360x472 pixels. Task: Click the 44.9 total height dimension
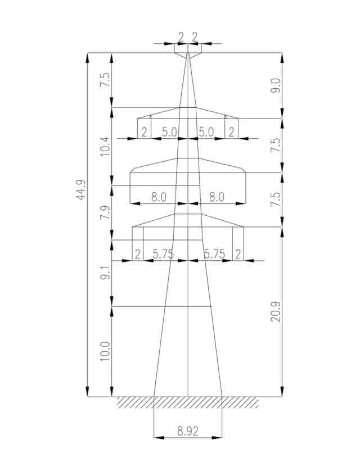[x=81, y=190]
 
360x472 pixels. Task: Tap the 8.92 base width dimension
[x=188, y=432]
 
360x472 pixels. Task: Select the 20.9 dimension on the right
[x=276, y=312]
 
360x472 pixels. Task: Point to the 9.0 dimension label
[x=276, y=85]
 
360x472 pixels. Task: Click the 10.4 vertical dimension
[x=105, y=146]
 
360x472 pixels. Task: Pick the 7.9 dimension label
[x=105, y=212]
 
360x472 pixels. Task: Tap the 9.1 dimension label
[x=105, y=272]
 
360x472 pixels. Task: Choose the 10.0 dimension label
[x=105, y=352]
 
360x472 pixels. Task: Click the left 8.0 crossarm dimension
[x=159, y=197]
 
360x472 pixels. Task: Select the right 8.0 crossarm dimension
[x=217, y=197]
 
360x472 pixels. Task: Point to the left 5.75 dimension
[x=163, y=255]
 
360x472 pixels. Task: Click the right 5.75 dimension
[x=214, y=255]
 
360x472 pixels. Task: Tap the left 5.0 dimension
[x=169, y=133]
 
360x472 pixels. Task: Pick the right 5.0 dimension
[x=206, y=133]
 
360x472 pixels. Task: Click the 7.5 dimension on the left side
[x=105, y=80]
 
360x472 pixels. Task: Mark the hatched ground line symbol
[x=188, y=402]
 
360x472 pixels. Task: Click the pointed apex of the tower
[x=188, y=53]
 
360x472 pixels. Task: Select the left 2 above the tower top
[x=181, y=37]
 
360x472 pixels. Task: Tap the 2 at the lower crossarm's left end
[x=138, y=255]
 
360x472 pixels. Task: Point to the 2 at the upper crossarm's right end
[x=231, y=133]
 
